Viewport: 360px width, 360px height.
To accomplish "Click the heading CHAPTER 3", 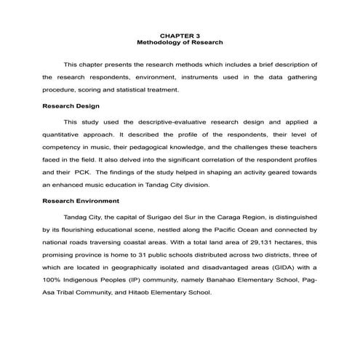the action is tap(180, 34).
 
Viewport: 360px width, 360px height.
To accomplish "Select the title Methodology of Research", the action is tap(180, 42).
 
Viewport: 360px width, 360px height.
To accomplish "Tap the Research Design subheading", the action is tap(71, 105).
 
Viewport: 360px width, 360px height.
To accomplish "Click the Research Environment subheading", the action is tap(81, 201).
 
